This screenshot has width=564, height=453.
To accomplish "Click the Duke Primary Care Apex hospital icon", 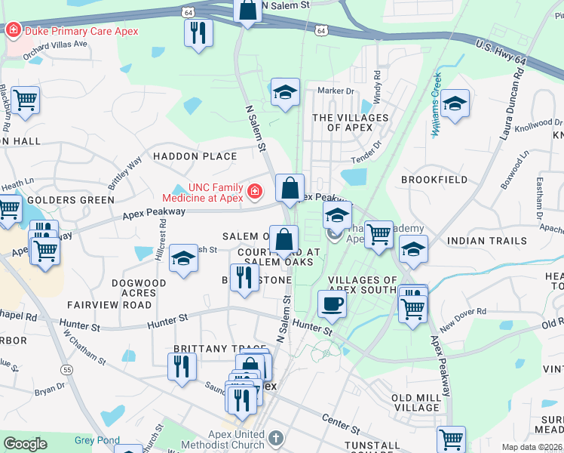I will point(13,32).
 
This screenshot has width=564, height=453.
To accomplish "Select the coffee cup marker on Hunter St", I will point(332,305).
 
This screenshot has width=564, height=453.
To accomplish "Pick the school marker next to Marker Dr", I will point(285,94).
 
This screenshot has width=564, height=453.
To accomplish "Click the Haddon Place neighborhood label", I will point(195,156).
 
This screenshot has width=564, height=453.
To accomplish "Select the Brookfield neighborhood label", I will point(431,180).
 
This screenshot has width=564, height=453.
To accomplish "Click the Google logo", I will point(25,444).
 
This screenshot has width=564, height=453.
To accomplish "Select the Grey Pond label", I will point(96,440).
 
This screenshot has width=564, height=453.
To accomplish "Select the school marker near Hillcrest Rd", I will point(183,258).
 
